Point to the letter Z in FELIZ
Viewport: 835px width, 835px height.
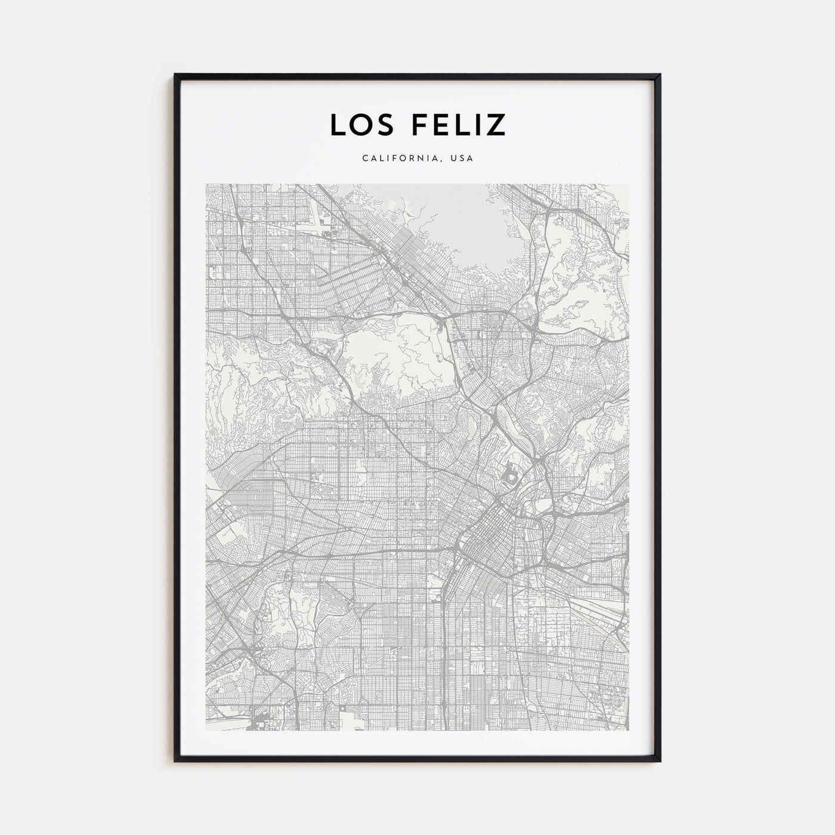point(496,124)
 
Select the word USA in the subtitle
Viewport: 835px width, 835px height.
point(463,159)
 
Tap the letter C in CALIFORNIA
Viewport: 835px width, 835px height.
point(364,159)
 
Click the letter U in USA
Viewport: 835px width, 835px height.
point(454,159)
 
